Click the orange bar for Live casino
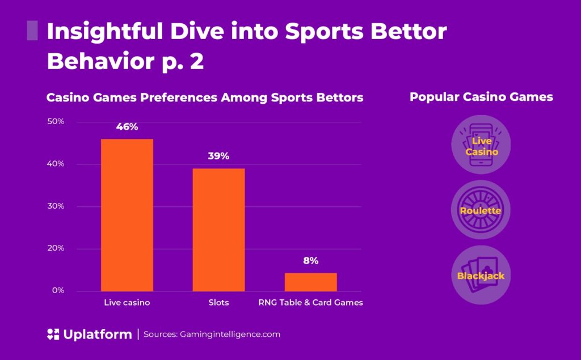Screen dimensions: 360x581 127,215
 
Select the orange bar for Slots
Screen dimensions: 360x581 218,230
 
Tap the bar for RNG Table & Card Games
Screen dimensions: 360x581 310,282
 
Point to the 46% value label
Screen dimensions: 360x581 127,126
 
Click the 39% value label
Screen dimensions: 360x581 218,156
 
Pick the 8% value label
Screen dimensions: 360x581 310,261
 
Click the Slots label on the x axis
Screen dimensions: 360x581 218,303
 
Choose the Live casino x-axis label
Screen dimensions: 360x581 127,303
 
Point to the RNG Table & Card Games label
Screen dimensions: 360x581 310,303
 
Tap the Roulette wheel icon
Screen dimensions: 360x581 481,210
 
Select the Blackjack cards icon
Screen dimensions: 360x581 481,276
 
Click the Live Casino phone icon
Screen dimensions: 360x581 481,145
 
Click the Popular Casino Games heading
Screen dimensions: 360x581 481,97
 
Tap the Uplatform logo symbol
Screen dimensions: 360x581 53,334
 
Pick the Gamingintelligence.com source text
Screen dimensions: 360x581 229,334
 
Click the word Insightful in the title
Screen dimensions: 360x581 103,32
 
